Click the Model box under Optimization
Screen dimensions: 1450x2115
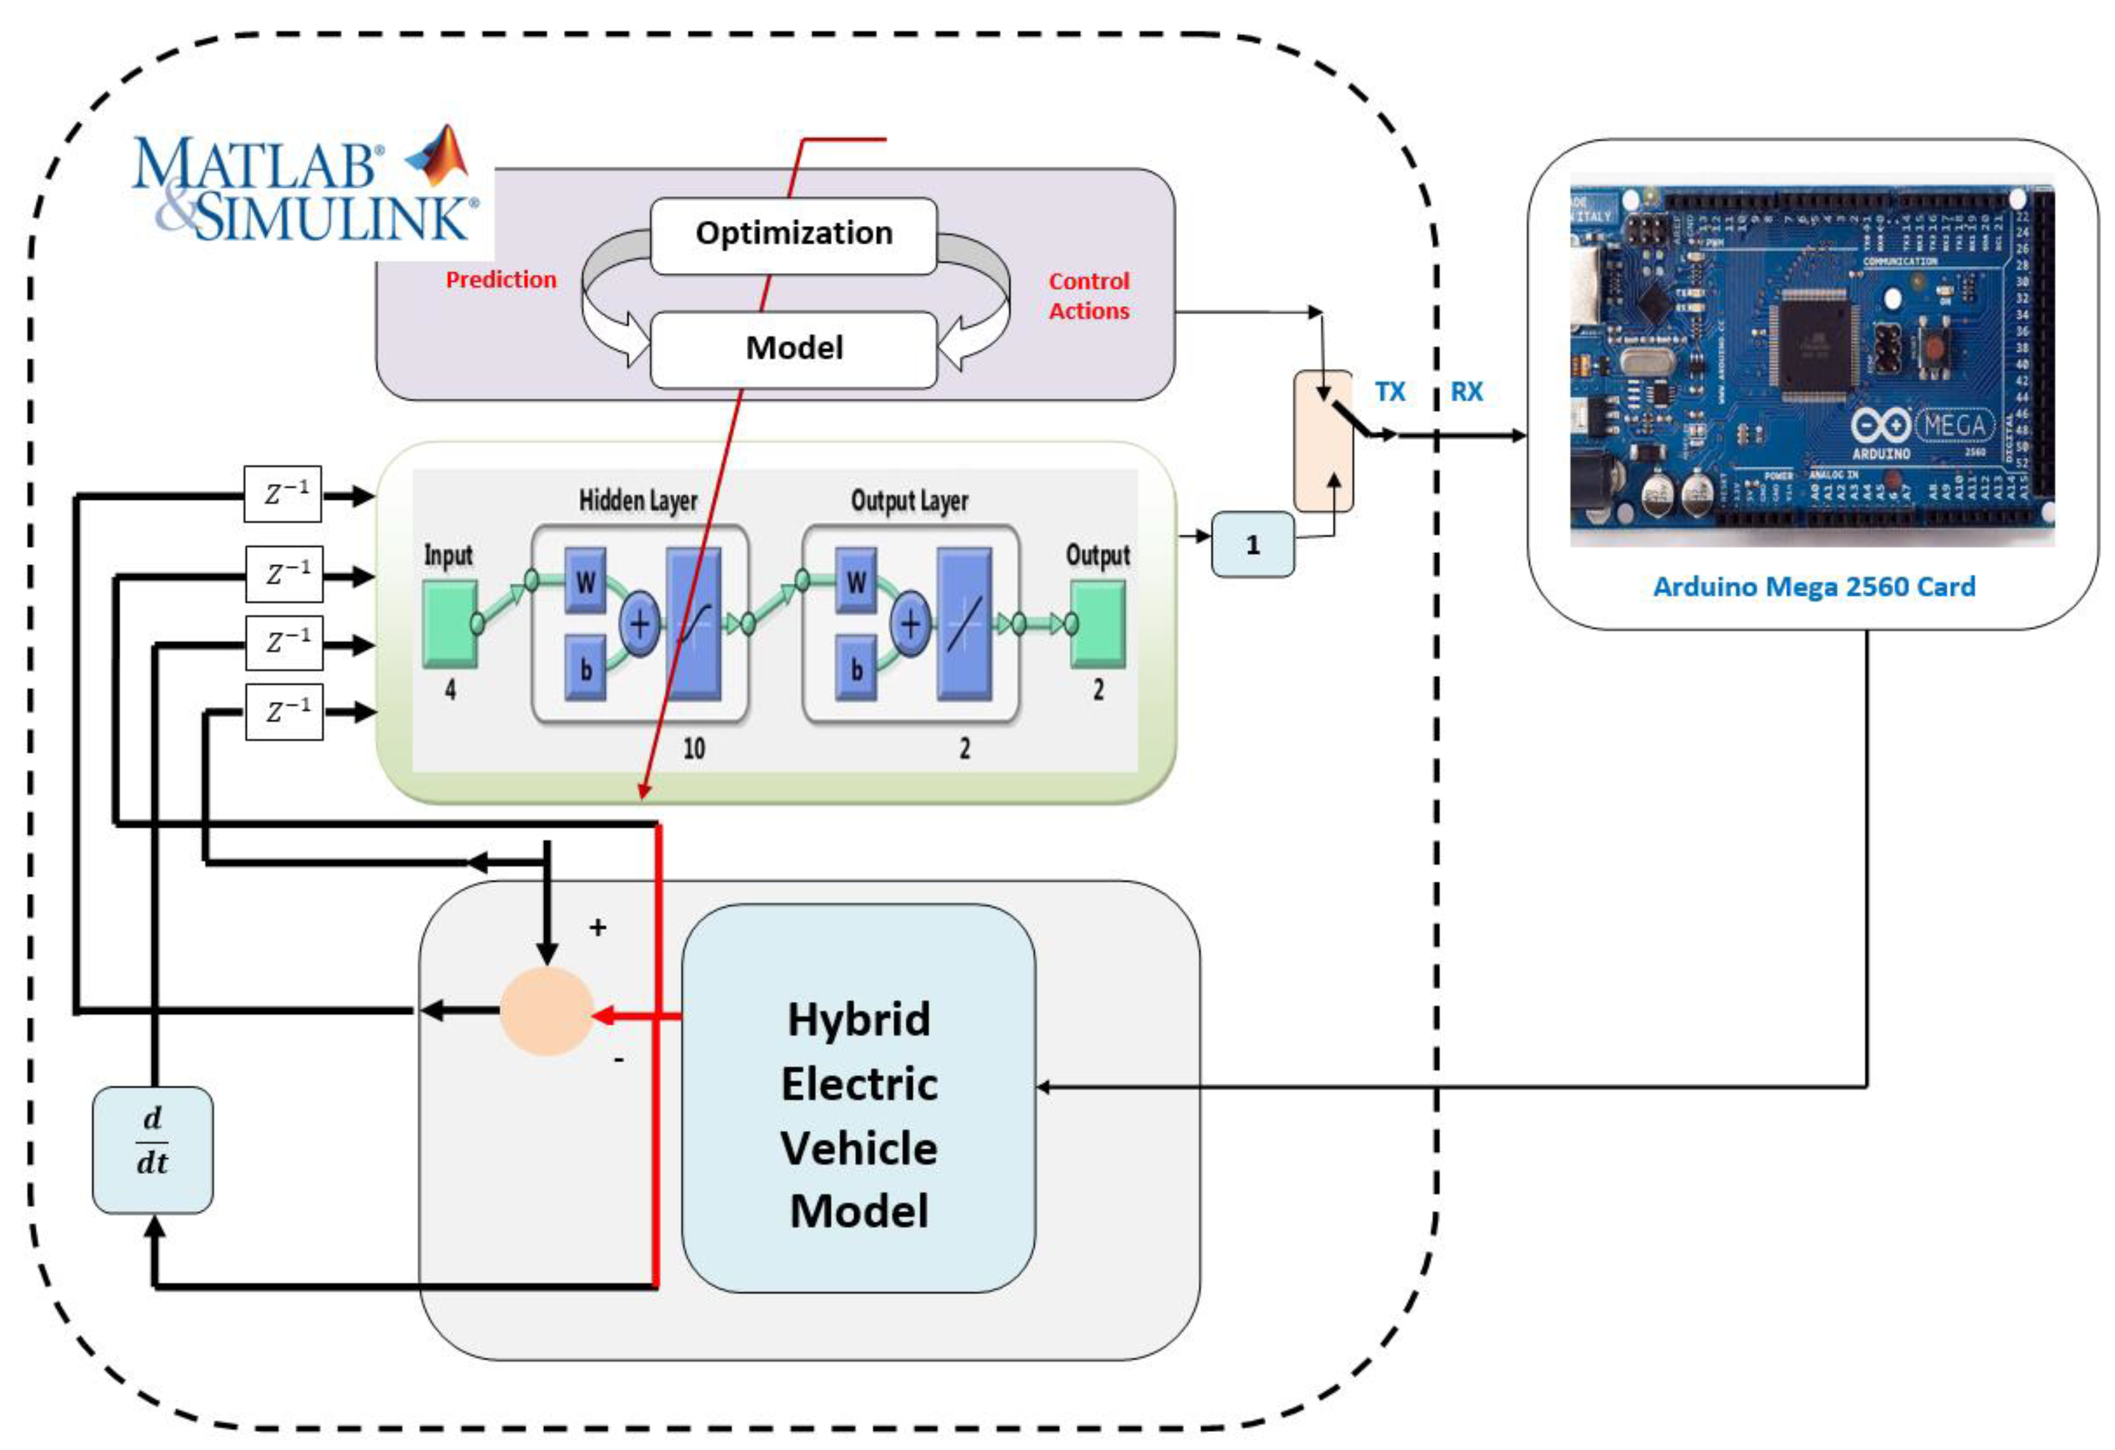click(x=794, y=348)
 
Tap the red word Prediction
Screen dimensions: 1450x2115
click(x=500, y=279)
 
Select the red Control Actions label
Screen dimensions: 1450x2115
click(x=1089, y=296)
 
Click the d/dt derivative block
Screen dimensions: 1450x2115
click(x=153, y=1149)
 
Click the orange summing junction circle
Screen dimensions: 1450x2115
click(x=546, y=1010)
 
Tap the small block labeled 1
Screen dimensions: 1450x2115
click(x=1252, y=544)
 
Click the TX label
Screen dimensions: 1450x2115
click(x=1389, y=391)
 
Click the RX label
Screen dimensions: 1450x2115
click(x=1466, y=391)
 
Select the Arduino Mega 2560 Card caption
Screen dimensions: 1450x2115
click(x=1814, y=586)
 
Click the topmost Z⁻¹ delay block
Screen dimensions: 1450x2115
click(x=283, y=494)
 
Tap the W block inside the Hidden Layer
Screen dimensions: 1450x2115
click(x=585, y=581)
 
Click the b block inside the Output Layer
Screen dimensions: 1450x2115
click(x=856, y=669)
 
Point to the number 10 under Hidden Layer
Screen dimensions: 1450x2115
click(x=693, y=748)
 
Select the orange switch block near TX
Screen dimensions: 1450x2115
click(x=1323, y=440)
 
